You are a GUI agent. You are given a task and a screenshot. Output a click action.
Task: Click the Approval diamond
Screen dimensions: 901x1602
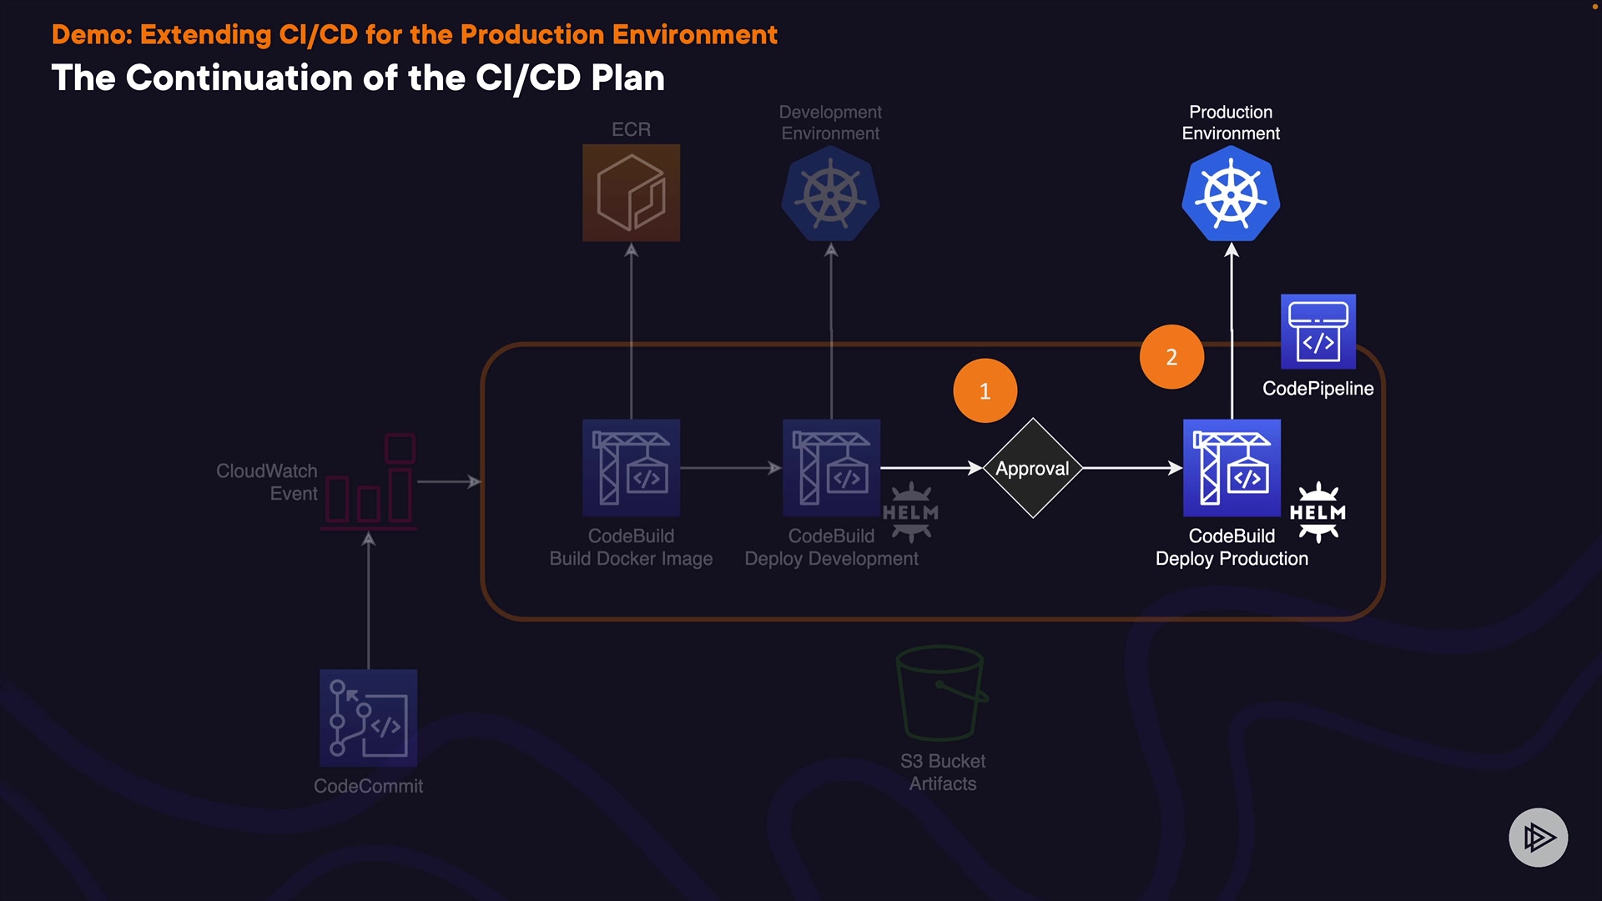[x=1032, y=468]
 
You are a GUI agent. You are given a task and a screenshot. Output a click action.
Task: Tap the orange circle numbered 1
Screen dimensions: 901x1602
[x=985, y=390]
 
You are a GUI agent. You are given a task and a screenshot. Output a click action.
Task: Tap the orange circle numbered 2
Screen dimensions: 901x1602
[x=1171, y=356]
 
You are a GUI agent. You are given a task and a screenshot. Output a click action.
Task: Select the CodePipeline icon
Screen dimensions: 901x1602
[x=1317, y=331]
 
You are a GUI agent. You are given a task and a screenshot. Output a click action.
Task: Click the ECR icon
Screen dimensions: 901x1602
[x=631, y=193]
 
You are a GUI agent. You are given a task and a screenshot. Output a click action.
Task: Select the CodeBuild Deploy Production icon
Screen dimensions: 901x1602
[x=1232, y=468]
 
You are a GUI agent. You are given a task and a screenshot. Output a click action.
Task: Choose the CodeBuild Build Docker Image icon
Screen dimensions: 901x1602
[x=631, y=468]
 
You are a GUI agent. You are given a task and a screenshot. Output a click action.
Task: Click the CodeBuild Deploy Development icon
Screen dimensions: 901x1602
[x=831, y=468]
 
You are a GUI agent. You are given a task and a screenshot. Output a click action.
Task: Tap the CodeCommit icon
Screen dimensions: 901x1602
[x=368, y=717]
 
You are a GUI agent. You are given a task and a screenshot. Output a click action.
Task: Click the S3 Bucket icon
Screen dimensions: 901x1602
[x=941, y=692]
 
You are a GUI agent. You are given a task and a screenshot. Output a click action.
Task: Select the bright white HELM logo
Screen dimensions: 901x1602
[x=1317, y=512]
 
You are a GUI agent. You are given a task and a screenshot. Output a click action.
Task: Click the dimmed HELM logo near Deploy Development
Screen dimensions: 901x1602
[x=910, y=512]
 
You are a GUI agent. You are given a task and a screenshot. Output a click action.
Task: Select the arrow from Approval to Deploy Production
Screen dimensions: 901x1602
[x=1131, y=468]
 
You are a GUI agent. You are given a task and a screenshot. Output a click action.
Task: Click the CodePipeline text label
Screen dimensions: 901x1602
[x=1317, y=389]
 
